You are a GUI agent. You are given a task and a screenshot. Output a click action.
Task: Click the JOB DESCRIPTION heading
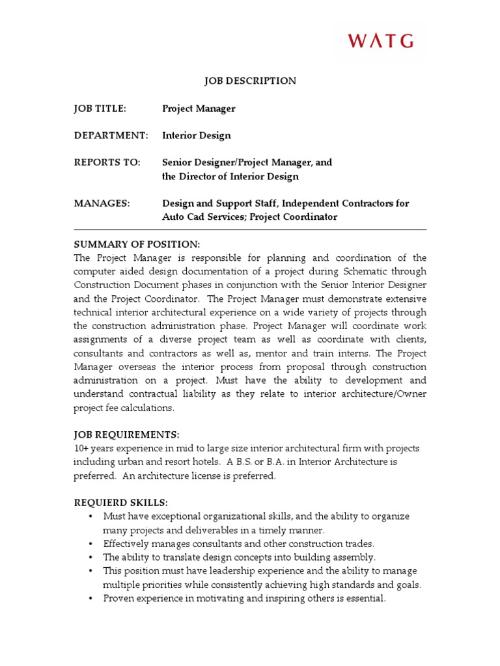(250, 81)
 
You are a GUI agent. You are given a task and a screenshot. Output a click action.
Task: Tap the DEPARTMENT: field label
(111, 136)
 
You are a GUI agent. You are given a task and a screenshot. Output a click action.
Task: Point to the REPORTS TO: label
(107, 163)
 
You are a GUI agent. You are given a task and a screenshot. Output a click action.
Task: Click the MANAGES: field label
(102, 204)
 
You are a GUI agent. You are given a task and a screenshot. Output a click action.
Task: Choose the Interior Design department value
(196, 136)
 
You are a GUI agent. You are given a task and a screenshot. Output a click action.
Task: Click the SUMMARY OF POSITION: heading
(137, 244)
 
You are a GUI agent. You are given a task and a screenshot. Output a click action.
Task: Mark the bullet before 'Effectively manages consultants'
(90, 544)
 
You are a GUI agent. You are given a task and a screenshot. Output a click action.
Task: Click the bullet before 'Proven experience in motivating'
(90, 598)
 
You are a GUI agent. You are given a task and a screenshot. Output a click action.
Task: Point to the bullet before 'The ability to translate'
(90, 557)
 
